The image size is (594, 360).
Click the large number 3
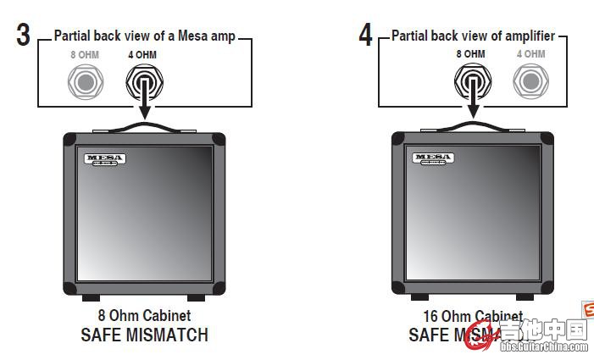[x=23, y=35]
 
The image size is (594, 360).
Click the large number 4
[x=365, y=35]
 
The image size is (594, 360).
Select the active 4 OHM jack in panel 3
[x=143, y=82]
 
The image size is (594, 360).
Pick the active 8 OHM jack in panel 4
[x=470, y=81]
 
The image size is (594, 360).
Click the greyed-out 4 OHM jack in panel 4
[x=530, y=81]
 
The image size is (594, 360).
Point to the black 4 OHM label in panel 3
[x=142, y=55]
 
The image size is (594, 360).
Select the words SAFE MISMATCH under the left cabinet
[x=143, y=335]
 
